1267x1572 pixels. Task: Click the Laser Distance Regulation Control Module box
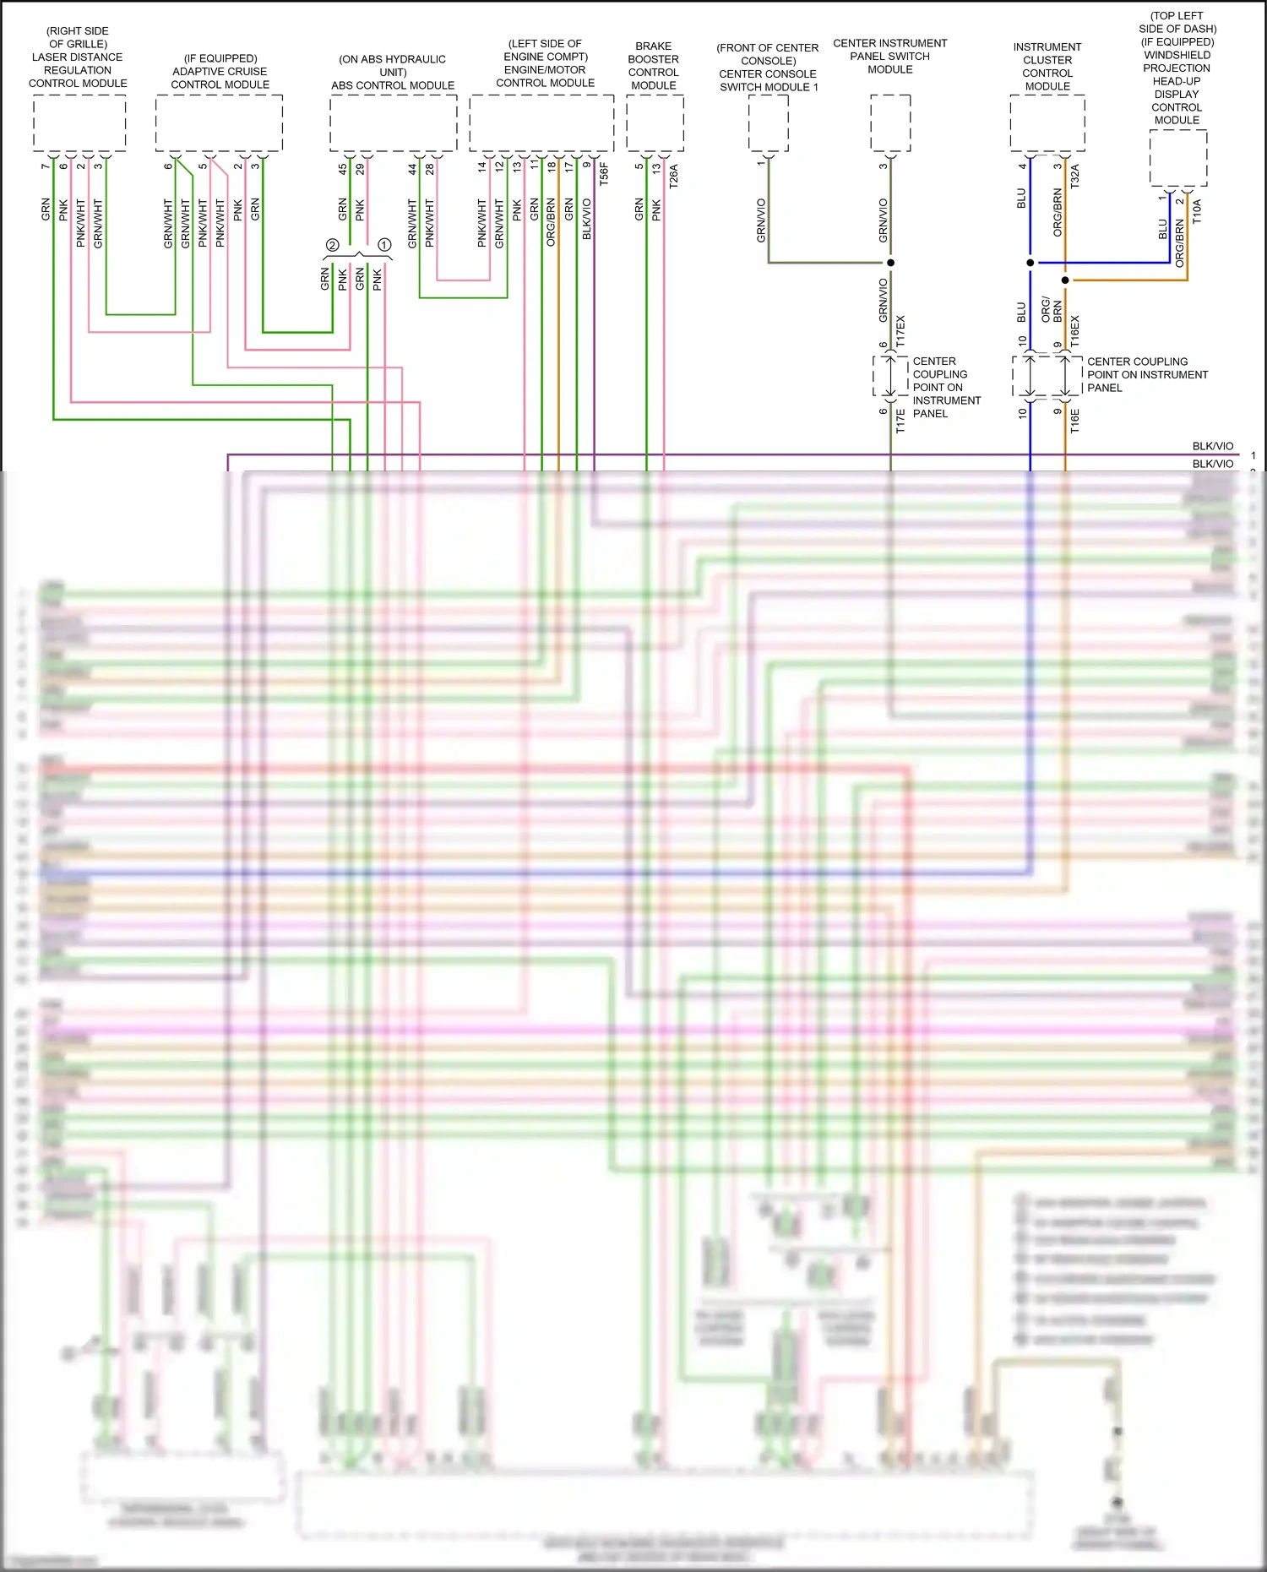coord(79,123)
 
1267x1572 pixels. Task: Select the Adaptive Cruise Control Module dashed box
coord(219,123)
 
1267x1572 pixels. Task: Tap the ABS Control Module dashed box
coord(393,123)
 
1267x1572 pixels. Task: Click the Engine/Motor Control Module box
coord(541,123)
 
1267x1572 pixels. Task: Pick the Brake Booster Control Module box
coord(655,123)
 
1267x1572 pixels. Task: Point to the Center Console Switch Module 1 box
coord(769,123)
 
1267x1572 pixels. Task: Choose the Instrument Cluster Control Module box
coord(1047,123)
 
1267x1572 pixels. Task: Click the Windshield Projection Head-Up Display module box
coord(1177,158)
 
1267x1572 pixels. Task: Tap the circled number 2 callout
coord(332,245)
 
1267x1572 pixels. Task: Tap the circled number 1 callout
coord(384,245)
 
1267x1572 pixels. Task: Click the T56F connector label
coord(604,174)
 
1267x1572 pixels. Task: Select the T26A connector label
coord(673,176)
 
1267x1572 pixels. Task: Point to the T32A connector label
coord(1074,176)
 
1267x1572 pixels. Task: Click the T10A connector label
coord(1196,211)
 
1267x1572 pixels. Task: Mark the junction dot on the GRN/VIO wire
coord(890,263)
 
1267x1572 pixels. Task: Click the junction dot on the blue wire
coord(1030,263)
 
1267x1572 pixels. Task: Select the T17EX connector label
coord(900,331)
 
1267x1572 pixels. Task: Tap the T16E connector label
coord(1074,421)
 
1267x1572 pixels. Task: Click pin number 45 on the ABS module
coord(343,169)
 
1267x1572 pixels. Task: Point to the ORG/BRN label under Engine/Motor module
coord(552,222)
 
